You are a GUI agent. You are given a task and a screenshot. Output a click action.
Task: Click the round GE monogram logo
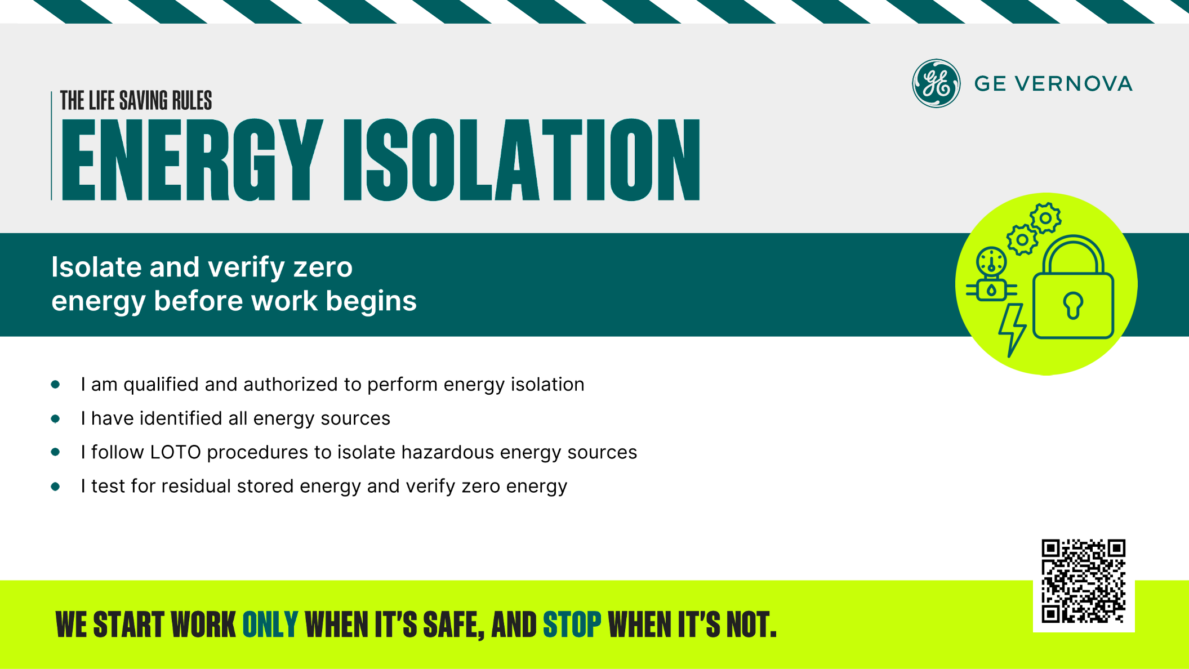[936, 83]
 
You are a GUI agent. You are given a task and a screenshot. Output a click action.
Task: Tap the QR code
[1083, 581]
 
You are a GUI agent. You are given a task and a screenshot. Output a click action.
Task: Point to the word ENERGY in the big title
[192, 160]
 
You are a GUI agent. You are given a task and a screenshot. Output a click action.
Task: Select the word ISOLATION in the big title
[522, 160]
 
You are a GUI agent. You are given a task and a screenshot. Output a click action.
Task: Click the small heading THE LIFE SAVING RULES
[136, 101]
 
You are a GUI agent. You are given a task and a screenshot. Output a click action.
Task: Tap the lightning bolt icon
[1012, 330]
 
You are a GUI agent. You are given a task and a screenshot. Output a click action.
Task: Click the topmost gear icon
[1045, 218]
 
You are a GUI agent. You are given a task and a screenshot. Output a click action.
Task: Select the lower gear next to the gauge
[1022, 240]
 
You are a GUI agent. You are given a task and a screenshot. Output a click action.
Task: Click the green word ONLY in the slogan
[270, 625]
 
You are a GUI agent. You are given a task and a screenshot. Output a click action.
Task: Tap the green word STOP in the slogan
[572, 625]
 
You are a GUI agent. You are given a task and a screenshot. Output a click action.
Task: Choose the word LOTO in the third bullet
[175, 452]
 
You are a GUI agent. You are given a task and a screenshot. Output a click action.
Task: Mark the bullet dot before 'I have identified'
[55, 418]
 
